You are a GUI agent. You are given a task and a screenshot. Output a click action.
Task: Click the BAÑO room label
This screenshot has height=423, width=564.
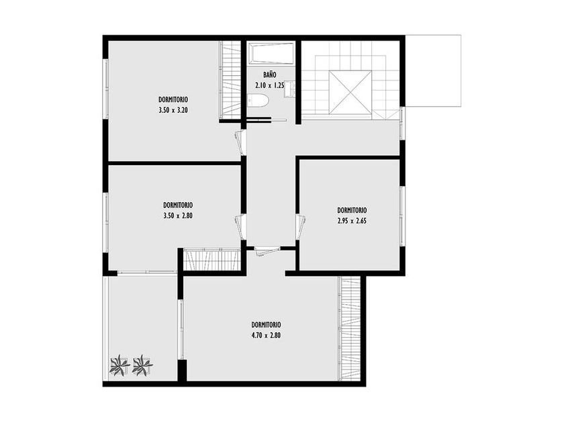pyautogui.click(x=270, y=75)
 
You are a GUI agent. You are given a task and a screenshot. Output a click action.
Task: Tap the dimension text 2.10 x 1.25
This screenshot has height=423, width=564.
pyautogui.click(x=270, y=86)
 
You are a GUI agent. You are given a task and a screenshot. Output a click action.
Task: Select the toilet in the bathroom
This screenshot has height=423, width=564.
pyautogui.click(x=258, y=101)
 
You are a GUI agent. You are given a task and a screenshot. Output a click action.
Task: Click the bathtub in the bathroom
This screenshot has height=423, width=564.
pyautogui.click(x=271, y=54)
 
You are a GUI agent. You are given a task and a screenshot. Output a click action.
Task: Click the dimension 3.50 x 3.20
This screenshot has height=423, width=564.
pyautogui.click(x=173, y=110)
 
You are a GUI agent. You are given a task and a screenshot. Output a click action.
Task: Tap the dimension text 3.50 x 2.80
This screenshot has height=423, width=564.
pyautogui.click(x=178, y=216)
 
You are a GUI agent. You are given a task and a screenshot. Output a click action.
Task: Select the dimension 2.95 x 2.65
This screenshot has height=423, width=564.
pyautogui.click(x=352, y=221)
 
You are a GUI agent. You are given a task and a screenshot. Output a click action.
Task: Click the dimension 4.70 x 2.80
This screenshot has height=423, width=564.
pyautogui.click(x=266, y=336)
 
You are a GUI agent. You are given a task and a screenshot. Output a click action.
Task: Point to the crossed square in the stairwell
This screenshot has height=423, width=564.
pyautogui.click(x=350, y=92)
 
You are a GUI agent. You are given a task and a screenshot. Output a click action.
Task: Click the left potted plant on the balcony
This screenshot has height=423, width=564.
pyautogui.click(x=119, y=365)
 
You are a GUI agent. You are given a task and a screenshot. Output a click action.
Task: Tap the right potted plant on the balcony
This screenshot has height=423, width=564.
pyautogui.click(x=142, y=365)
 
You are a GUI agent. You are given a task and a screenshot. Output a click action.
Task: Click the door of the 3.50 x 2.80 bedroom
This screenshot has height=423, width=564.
pyautogui.click(x=240, y=227)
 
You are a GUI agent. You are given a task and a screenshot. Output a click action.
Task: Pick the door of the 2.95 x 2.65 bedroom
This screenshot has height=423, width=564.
pyautogui.click(x=301, y=227)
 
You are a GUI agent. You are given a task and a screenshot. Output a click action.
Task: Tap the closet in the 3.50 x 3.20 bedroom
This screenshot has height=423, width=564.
pyautogui.click(x=230, y=79)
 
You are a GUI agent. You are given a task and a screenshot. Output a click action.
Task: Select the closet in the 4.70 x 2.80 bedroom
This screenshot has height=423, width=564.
pyautogui.click(x=350, y=328)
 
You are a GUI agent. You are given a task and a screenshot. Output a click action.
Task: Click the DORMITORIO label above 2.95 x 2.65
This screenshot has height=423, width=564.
pyautogui.click(x=352, y=210)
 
